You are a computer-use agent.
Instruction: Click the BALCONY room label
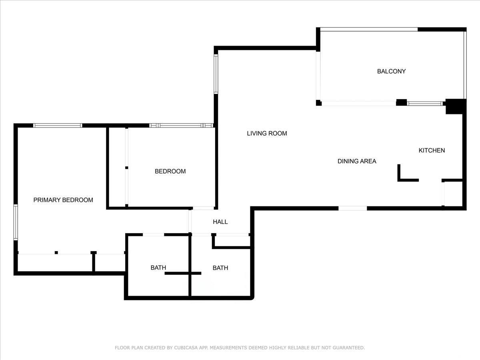click(x=391, y=71)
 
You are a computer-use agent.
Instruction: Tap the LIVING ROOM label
click(x=267, y=133)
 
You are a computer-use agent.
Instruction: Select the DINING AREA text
click(x=357, y=161)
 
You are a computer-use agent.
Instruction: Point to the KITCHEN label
click(x=432, y=150)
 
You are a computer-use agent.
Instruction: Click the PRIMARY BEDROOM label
click(x=63, y=200)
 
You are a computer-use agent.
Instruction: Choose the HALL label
click(x=220, y=222)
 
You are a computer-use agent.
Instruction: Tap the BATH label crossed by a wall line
click(x=158, y=268)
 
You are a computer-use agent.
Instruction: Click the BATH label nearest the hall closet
click(x=220, y=268)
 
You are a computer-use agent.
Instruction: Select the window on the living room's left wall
click(x=216, y=74)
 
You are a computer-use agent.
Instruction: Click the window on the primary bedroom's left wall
click(x=16, y=222)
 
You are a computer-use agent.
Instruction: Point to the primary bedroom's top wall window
click(x=58, y=126)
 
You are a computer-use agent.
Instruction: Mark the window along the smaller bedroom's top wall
click(x=181, y=126)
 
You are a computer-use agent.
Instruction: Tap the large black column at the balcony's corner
click(x=456, y=106)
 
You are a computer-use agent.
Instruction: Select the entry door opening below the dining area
click(x=352, y=208)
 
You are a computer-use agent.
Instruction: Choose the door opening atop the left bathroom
click(x=153, y=235)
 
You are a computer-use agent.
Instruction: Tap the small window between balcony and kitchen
click(x=425, y=104)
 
